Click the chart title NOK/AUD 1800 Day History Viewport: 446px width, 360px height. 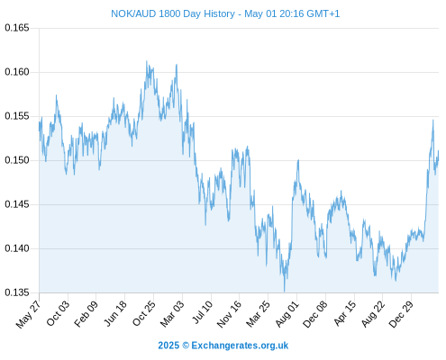click(x=173, y=13)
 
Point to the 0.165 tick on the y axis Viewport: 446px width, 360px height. click(x=17, y=28)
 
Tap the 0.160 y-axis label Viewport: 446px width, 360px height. click(x=17, y=72)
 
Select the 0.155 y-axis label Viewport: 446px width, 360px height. click(x=17, y=116)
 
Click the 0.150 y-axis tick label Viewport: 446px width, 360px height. click(x=17, y=160)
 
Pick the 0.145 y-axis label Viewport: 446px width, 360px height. click(x=17, y=204)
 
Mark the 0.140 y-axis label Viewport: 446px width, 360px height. click(x=17, y=248)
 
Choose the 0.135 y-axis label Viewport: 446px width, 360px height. click(x=17, y=292)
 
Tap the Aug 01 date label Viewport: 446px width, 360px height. click(x=287, y=313)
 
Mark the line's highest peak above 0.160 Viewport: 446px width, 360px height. click(x=147, y=61)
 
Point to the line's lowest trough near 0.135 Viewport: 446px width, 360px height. click(x=284, y=291)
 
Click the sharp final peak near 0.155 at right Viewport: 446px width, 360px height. click(x=433, y=120)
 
